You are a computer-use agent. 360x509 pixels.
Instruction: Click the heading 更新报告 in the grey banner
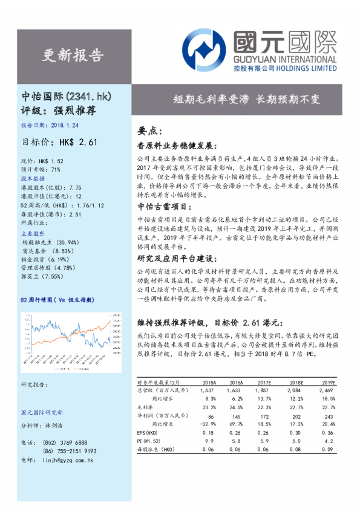[x=73, y=56]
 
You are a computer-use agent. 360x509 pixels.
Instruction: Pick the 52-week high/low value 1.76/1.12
[x=91, y=205]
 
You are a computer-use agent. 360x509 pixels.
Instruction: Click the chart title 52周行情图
[x=36, y=300]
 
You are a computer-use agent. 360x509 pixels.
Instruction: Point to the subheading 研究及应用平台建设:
[x=172, y=258]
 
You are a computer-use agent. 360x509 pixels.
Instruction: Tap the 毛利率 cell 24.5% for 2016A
[x=237, y=408]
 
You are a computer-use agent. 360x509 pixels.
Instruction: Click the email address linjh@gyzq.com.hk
[x=65, y=461]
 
